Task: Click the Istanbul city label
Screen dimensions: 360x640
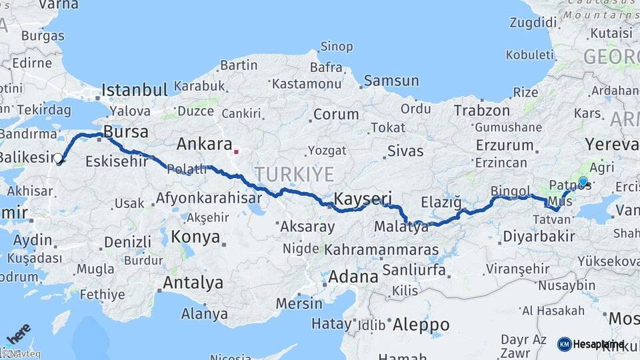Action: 135,90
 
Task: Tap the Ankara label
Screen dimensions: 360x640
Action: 205,144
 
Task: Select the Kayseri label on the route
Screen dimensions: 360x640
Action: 363,199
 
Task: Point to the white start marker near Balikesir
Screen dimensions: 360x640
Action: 59,159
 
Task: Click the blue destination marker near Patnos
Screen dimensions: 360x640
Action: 583,181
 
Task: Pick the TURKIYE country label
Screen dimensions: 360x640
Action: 294,175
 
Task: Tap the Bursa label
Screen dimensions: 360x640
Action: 126,132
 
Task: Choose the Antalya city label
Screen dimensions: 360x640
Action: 193,283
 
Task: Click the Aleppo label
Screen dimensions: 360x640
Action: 421,325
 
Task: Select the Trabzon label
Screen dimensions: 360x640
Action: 482,111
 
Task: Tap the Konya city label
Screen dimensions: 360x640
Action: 195,237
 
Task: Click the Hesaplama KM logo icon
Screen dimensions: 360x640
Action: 565,344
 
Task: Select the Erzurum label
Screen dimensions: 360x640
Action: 505,145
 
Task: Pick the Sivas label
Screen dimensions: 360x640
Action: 405,151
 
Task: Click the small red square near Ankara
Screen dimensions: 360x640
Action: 236,151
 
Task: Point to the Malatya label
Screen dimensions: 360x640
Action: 401,227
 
